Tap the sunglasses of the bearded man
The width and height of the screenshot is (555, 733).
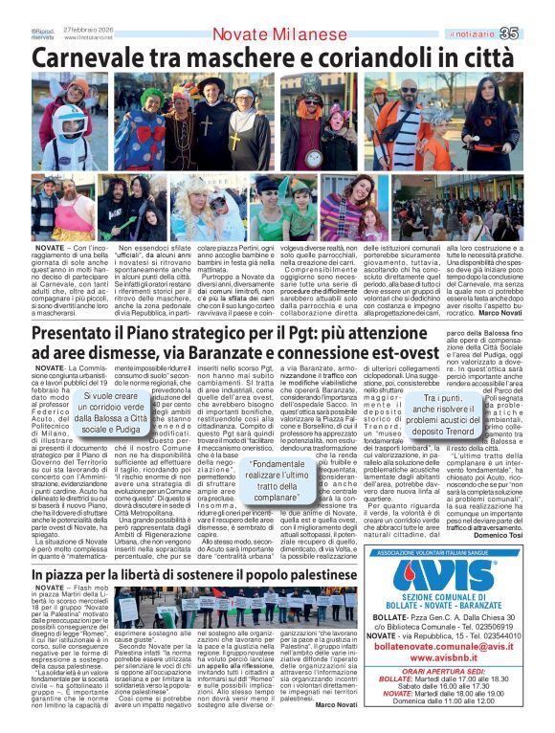tap(410, 95)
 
